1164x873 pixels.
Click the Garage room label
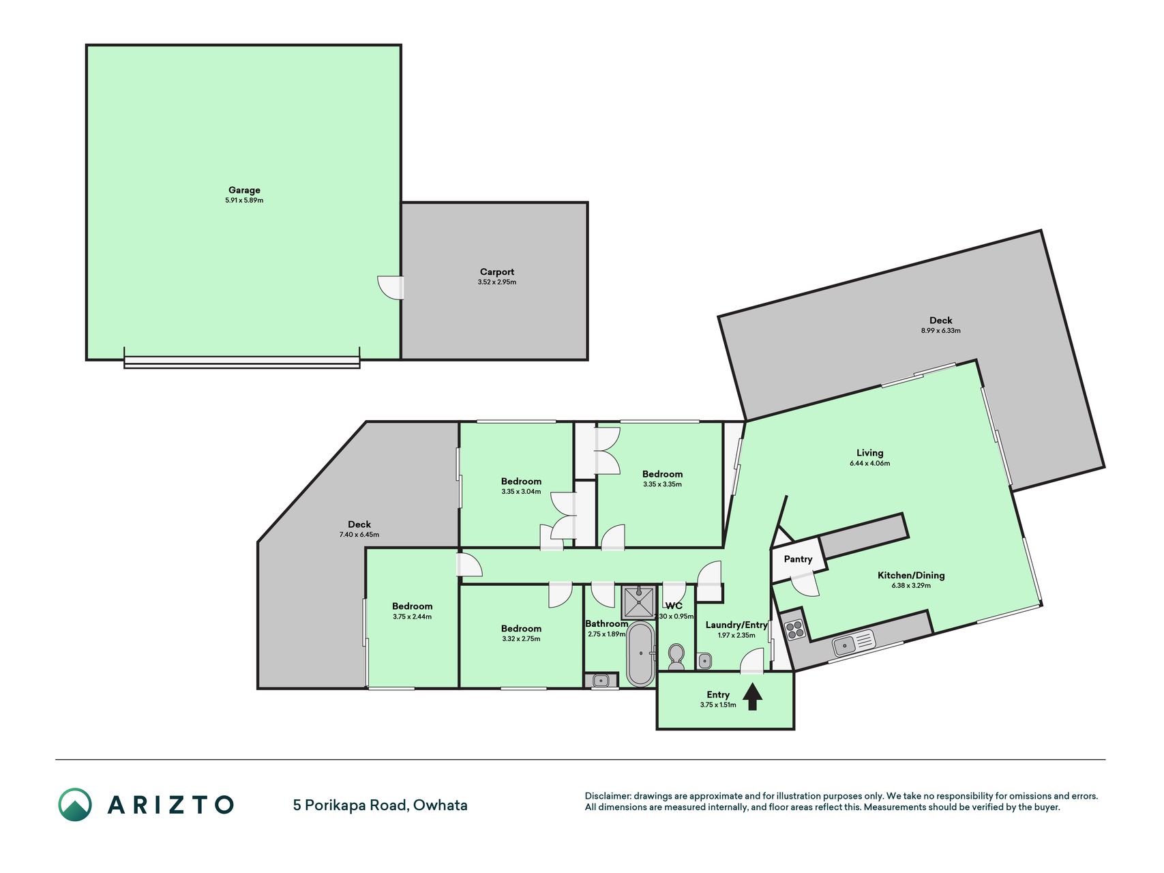[x=244, y=190]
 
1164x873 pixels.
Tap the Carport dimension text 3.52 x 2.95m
[x=497, y=282]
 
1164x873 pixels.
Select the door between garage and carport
[x=391, y=287]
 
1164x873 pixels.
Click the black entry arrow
[x=752, y=697]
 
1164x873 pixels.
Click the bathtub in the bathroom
[x=640, y=653]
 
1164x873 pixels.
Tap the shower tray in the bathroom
[x=639, y=602]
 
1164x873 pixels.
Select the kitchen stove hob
[x=794, y=630]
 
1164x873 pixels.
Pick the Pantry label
[x=798, y=559]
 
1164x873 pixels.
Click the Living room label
[x=869, y=453]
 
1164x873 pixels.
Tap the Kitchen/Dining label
[x=911, y=576]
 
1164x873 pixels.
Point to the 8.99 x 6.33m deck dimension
[x=941, y=331]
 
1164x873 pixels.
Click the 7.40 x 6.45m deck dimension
[x=359, y=535]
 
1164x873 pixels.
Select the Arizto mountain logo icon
[x=75, y=805]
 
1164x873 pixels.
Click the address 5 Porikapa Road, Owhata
[x=380, y=805]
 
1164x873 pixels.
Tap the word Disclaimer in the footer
[x=607, y=796]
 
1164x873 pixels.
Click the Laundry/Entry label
[x=736, y=625]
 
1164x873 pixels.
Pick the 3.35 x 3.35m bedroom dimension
[x=662, y=484]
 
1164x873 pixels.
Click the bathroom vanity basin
[x=601, y=680]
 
